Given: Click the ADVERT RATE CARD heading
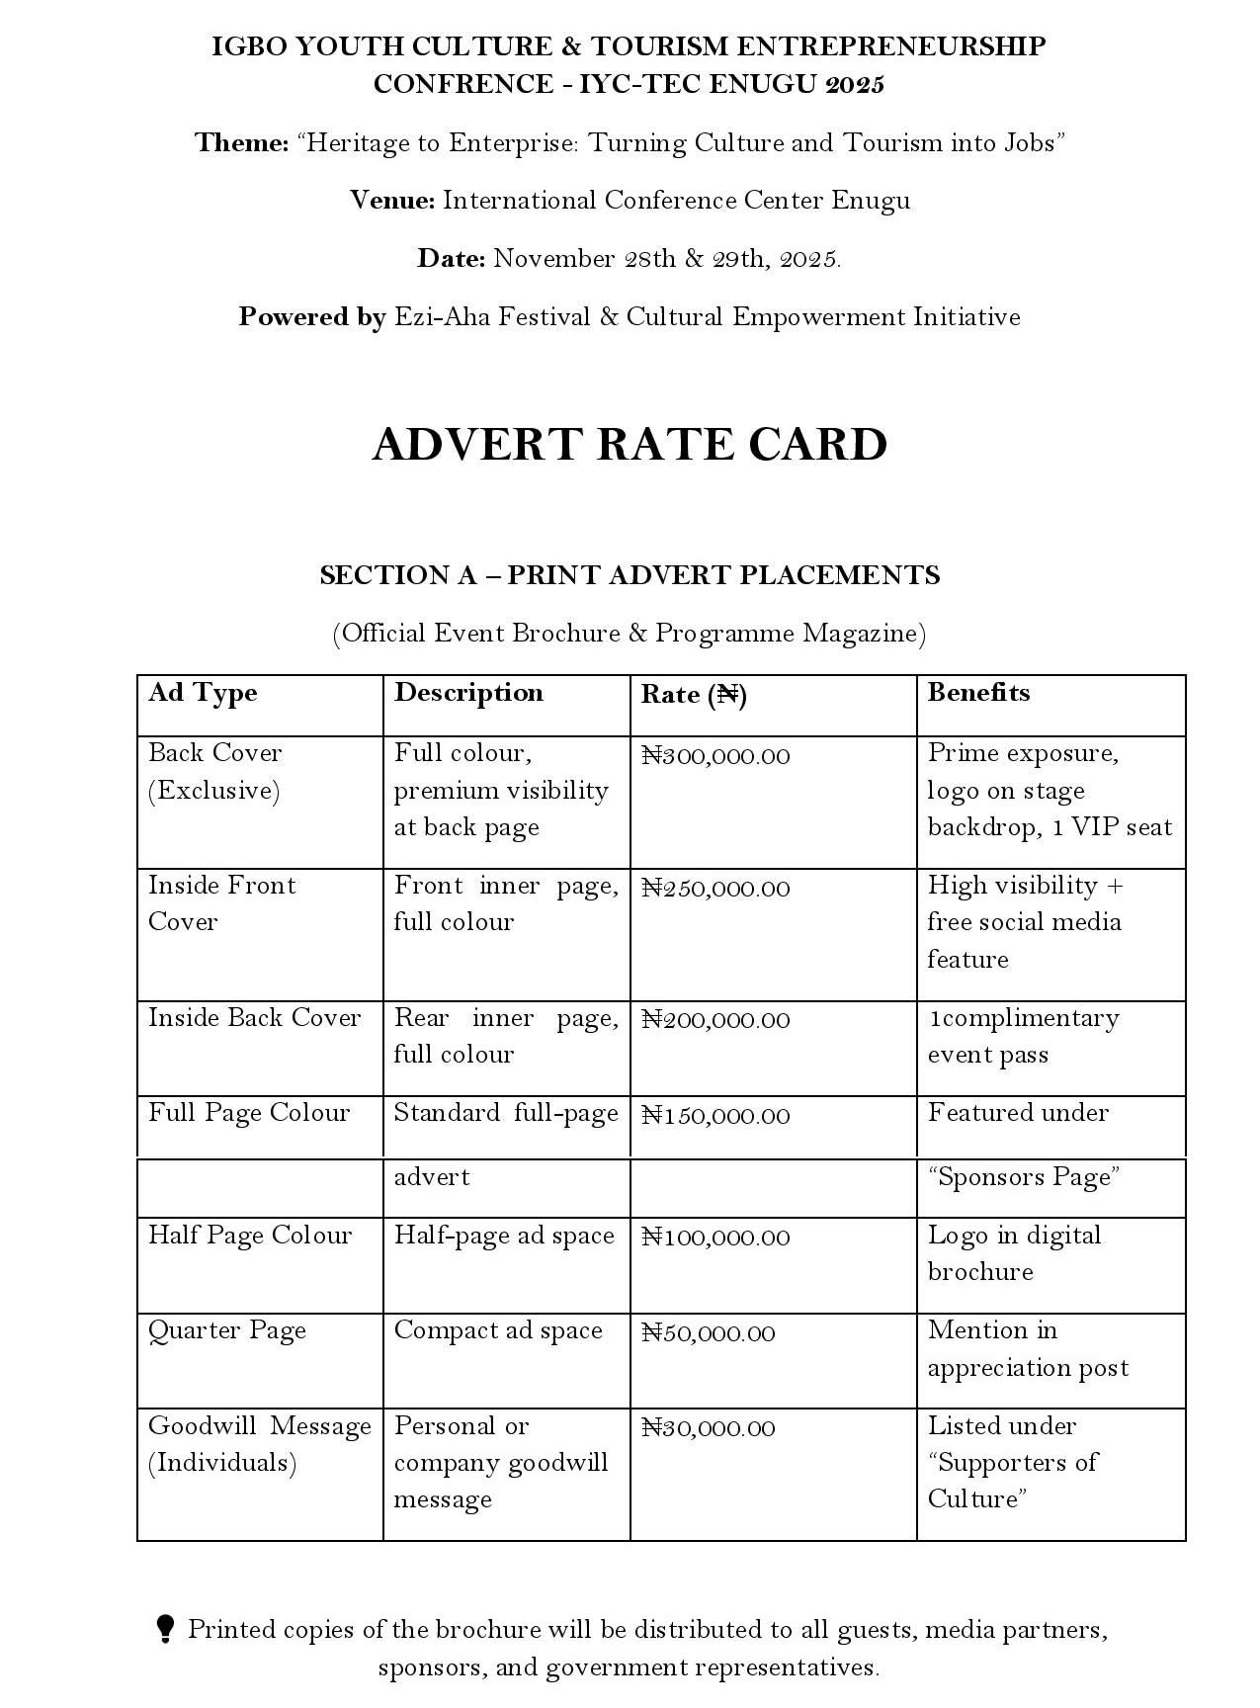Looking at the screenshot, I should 630,445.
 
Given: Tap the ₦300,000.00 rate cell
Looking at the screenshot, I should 715,756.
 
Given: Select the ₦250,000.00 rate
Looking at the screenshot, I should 715,889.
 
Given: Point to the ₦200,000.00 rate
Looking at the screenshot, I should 715,1020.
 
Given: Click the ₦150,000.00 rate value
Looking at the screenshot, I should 715,1116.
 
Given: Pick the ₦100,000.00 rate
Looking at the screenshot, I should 715,1238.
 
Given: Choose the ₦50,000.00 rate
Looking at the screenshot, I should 708,1333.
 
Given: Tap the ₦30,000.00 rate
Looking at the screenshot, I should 708,1428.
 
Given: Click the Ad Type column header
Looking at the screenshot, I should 203,693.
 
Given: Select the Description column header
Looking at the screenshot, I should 468,693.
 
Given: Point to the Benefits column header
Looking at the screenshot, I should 978,693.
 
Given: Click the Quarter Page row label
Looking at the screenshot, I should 227,1331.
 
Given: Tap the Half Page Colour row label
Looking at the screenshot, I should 250,1236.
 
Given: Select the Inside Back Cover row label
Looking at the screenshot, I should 255,1018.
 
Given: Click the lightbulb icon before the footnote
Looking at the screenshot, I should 166,1628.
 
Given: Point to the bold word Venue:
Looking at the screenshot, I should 392,201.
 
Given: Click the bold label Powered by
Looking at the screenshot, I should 311,317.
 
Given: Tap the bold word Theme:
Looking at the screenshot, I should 241,143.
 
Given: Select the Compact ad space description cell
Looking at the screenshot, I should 498,1331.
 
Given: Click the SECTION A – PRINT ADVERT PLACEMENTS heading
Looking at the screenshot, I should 630,575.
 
